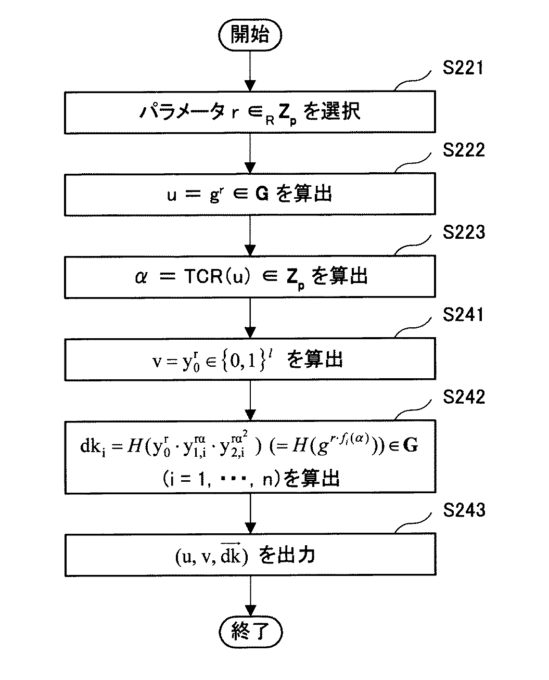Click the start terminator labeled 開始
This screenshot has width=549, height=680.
250,36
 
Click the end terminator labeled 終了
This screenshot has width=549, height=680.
250,632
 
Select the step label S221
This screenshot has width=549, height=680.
463,68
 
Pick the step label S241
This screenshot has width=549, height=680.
463,315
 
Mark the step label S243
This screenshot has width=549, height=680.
463,510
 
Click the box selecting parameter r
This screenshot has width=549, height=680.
250,112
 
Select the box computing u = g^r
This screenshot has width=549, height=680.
250,194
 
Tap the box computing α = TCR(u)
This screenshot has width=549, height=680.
250,276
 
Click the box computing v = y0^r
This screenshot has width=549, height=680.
250,359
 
